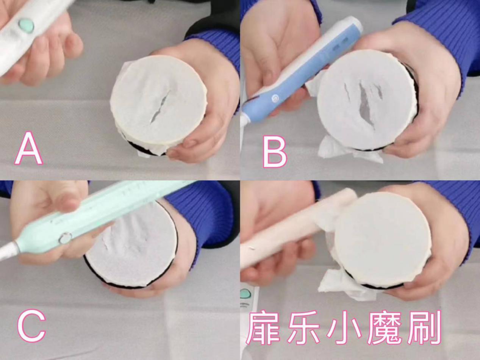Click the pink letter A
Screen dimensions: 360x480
(29, 149)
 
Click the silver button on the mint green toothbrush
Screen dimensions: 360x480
(65, 238)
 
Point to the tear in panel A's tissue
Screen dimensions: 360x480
(159, 107)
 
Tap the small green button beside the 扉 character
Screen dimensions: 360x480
(246, 294)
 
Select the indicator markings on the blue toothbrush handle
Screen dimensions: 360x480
(340, 44)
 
